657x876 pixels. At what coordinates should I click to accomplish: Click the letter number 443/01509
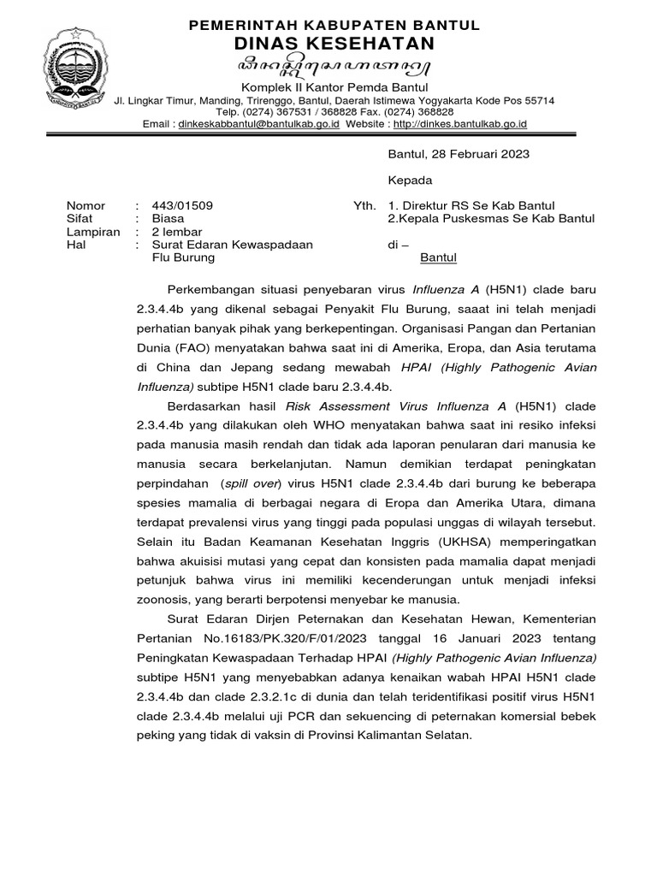[182, 206]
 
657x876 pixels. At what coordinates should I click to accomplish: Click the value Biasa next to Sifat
[168, 219]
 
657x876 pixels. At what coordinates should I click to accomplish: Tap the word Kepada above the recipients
[411, 181]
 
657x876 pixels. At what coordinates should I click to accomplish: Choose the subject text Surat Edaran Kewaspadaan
[232, 245]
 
